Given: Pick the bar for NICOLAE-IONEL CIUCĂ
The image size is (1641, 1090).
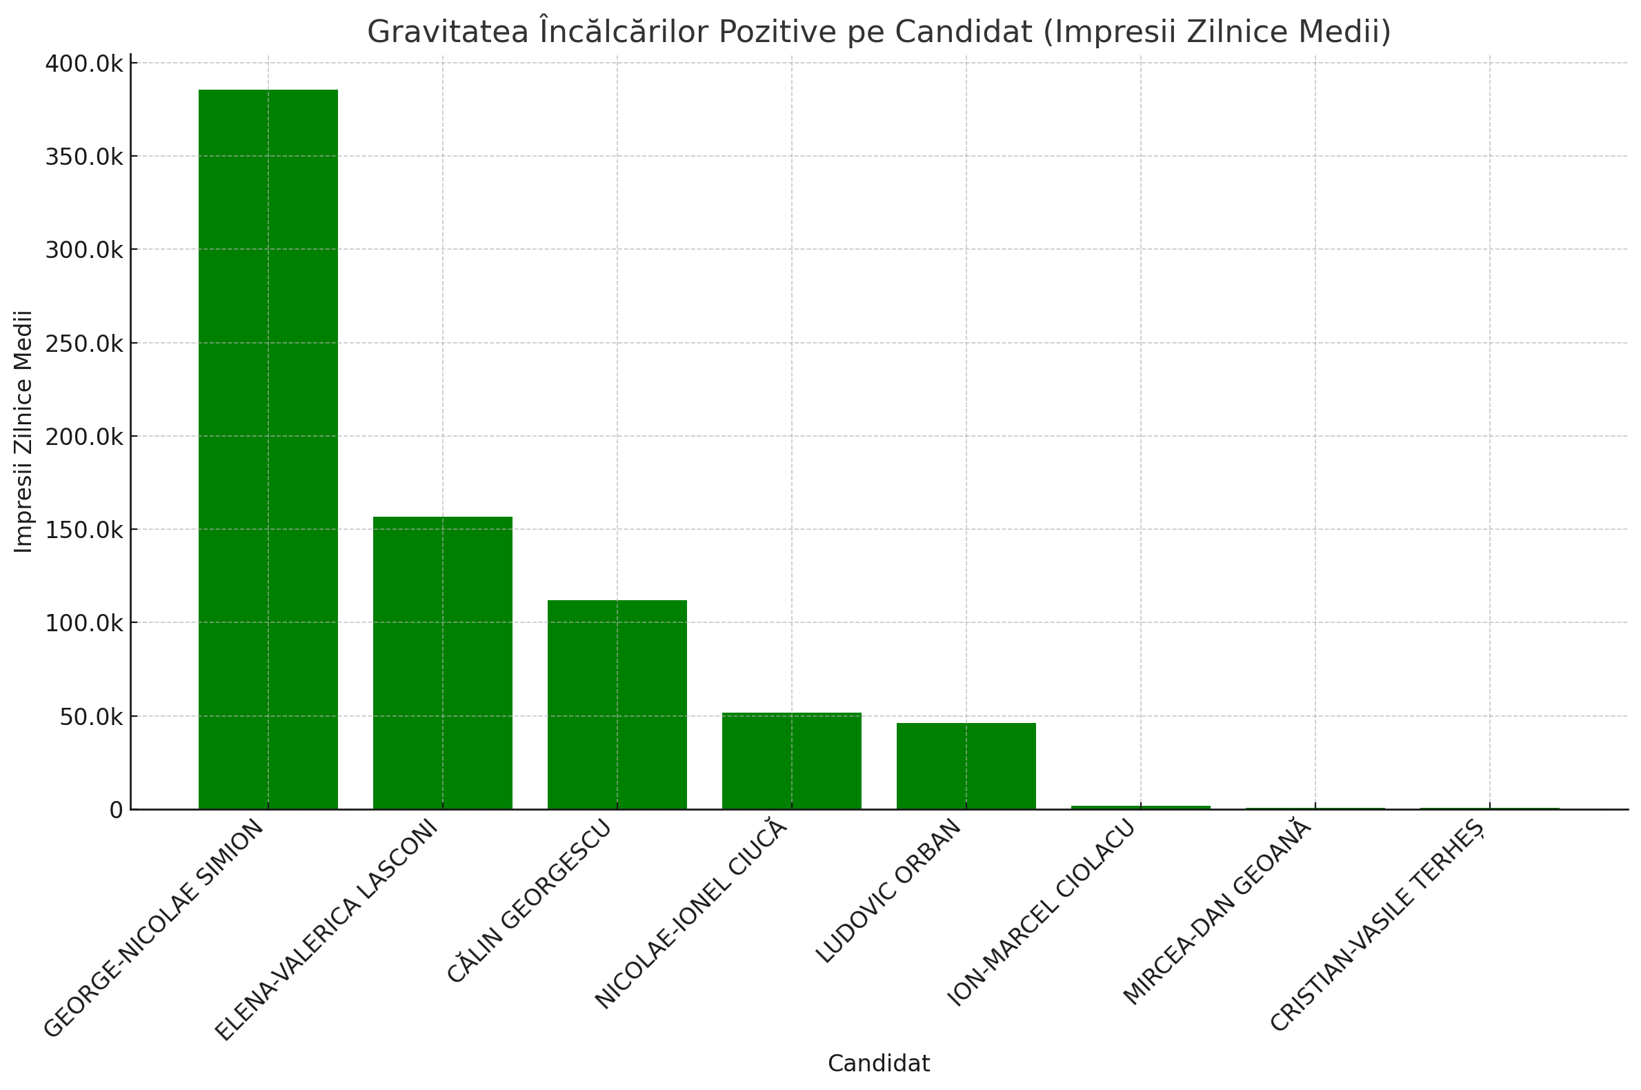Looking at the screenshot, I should pos(792,760).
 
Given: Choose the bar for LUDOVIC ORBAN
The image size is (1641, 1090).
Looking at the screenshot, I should pos(966,766).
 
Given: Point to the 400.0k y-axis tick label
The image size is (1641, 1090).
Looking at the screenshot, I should pos(84,64).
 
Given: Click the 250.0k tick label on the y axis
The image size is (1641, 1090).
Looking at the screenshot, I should pos(84,344).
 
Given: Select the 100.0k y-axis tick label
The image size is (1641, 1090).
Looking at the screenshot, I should pos(84,623).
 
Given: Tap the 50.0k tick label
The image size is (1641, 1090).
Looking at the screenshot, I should pos(91,717).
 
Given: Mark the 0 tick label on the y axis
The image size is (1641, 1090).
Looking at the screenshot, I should pos(116,810).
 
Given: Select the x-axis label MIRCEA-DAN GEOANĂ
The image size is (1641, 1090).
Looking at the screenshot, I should pos(1217,912).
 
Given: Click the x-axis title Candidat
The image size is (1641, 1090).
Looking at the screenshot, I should pos(879,1064).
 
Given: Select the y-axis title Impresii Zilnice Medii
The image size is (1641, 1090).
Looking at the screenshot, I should pos(23,431).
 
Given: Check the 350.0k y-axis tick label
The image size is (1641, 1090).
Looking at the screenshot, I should pos(84,157).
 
